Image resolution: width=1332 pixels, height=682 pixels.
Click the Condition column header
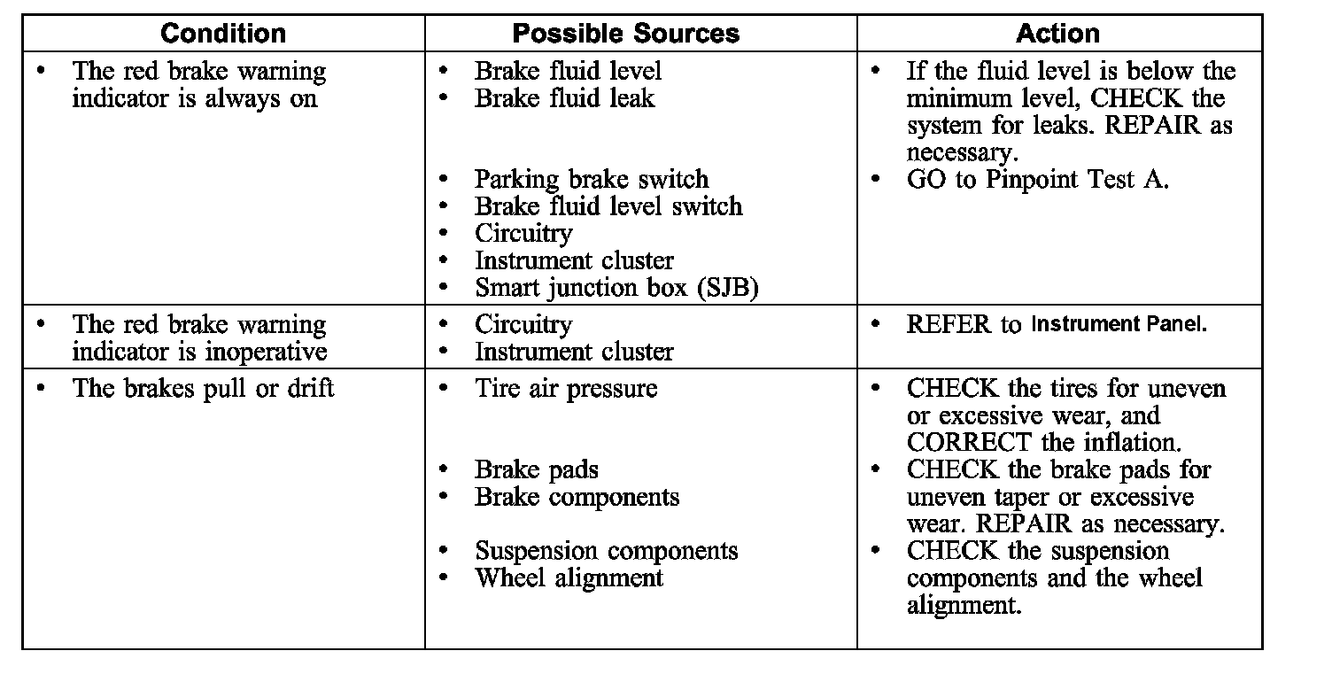223,34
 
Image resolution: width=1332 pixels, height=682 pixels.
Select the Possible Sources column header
625,34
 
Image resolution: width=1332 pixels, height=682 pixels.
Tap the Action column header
1057,34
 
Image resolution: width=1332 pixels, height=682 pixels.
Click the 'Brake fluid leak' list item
564,98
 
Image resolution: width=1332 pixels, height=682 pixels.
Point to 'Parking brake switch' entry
591,180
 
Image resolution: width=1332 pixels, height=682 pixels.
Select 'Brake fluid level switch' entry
608,207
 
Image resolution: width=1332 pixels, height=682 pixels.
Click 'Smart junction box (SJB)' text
616,289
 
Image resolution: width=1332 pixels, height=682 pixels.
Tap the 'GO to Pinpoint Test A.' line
1037,180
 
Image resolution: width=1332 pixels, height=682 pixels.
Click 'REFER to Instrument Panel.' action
1056,324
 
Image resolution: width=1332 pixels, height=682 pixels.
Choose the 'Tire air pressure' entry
566,389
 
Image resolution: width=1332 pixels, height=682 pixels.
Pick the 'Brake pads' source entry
537,470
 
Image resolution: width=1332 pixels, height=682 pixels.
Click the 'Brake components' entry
577,497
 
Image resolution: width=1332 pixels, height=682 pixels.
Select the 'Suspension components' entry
606,551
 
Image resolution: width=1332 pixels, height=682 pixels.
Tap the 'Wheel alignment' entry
569,578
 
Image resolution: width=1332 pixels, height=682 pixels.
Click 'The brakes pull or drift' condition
203,389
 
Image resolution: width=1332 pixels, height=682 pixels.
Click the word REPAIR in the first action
1151,126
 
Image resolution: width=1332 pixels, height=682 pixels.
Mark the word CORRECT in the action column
969,443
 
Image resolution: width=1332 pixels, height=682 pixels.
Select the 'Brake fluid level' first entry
568,71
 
